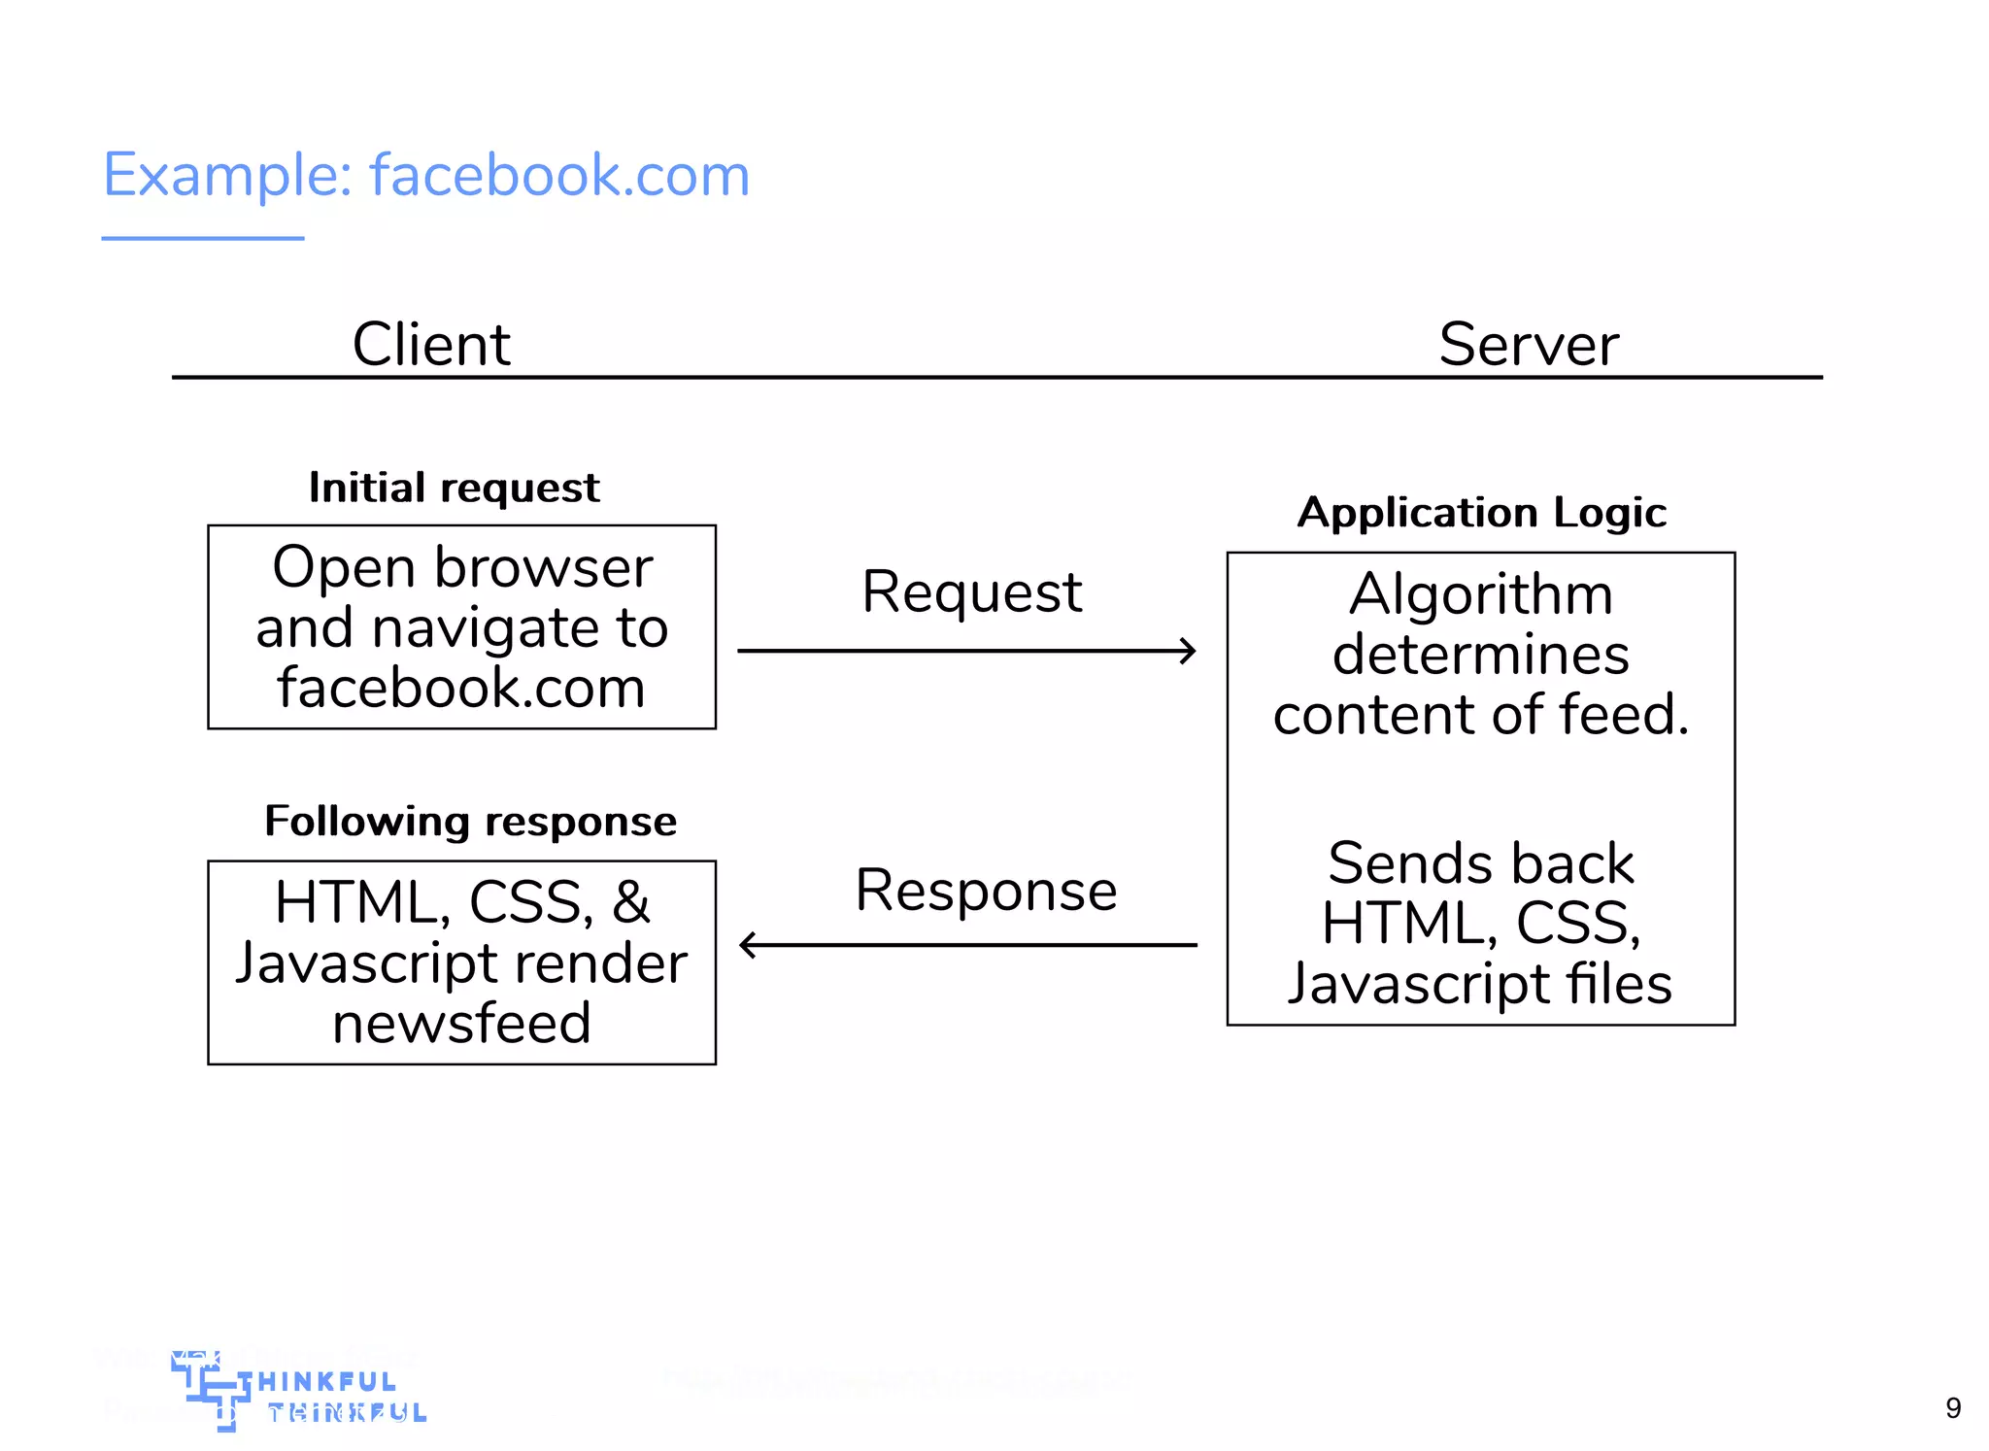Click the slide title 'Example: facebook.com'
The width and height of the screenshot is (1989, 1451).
tap(425, 176)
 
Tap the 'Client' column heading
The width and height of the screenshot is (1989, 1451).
tap(430, 344)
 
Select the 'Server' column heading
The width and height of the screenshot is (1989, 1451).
tap(1529, 344)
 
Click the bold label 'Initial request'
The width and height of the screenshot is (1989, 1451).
tap(454, 488)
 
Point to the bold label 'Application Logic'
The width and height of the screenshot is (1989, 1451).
tap(1482, 512)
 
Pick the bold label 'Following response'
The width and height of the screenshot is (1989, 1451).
tap(470, 822)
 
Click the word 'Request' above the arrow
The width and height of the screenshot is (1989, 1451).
tap(971, 591)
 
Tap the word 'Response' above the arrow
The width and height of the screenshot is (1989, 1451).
tap(986, 891)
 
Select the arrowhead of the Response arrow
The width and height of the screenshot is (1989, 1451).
tap(748, 944)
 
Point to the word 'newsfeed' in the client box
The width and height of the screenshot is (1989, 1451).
tap(461, 1024)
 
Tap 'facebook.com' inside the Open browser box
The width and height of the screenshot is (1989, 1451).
tap(461, 688)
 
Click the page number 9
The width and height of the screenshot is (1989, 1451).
tap(1953, 1407)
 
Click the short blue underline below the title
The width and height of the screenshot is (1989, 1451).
tap(203, 238)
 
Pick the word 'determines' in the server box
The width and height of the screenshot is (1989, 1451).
tap(1481, 654)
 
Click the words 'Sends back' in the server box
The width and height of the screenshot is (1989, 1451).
tap(1481, 862)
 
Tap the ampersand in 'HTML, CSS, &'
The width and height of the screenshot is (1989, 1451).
tap(631, 902)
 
